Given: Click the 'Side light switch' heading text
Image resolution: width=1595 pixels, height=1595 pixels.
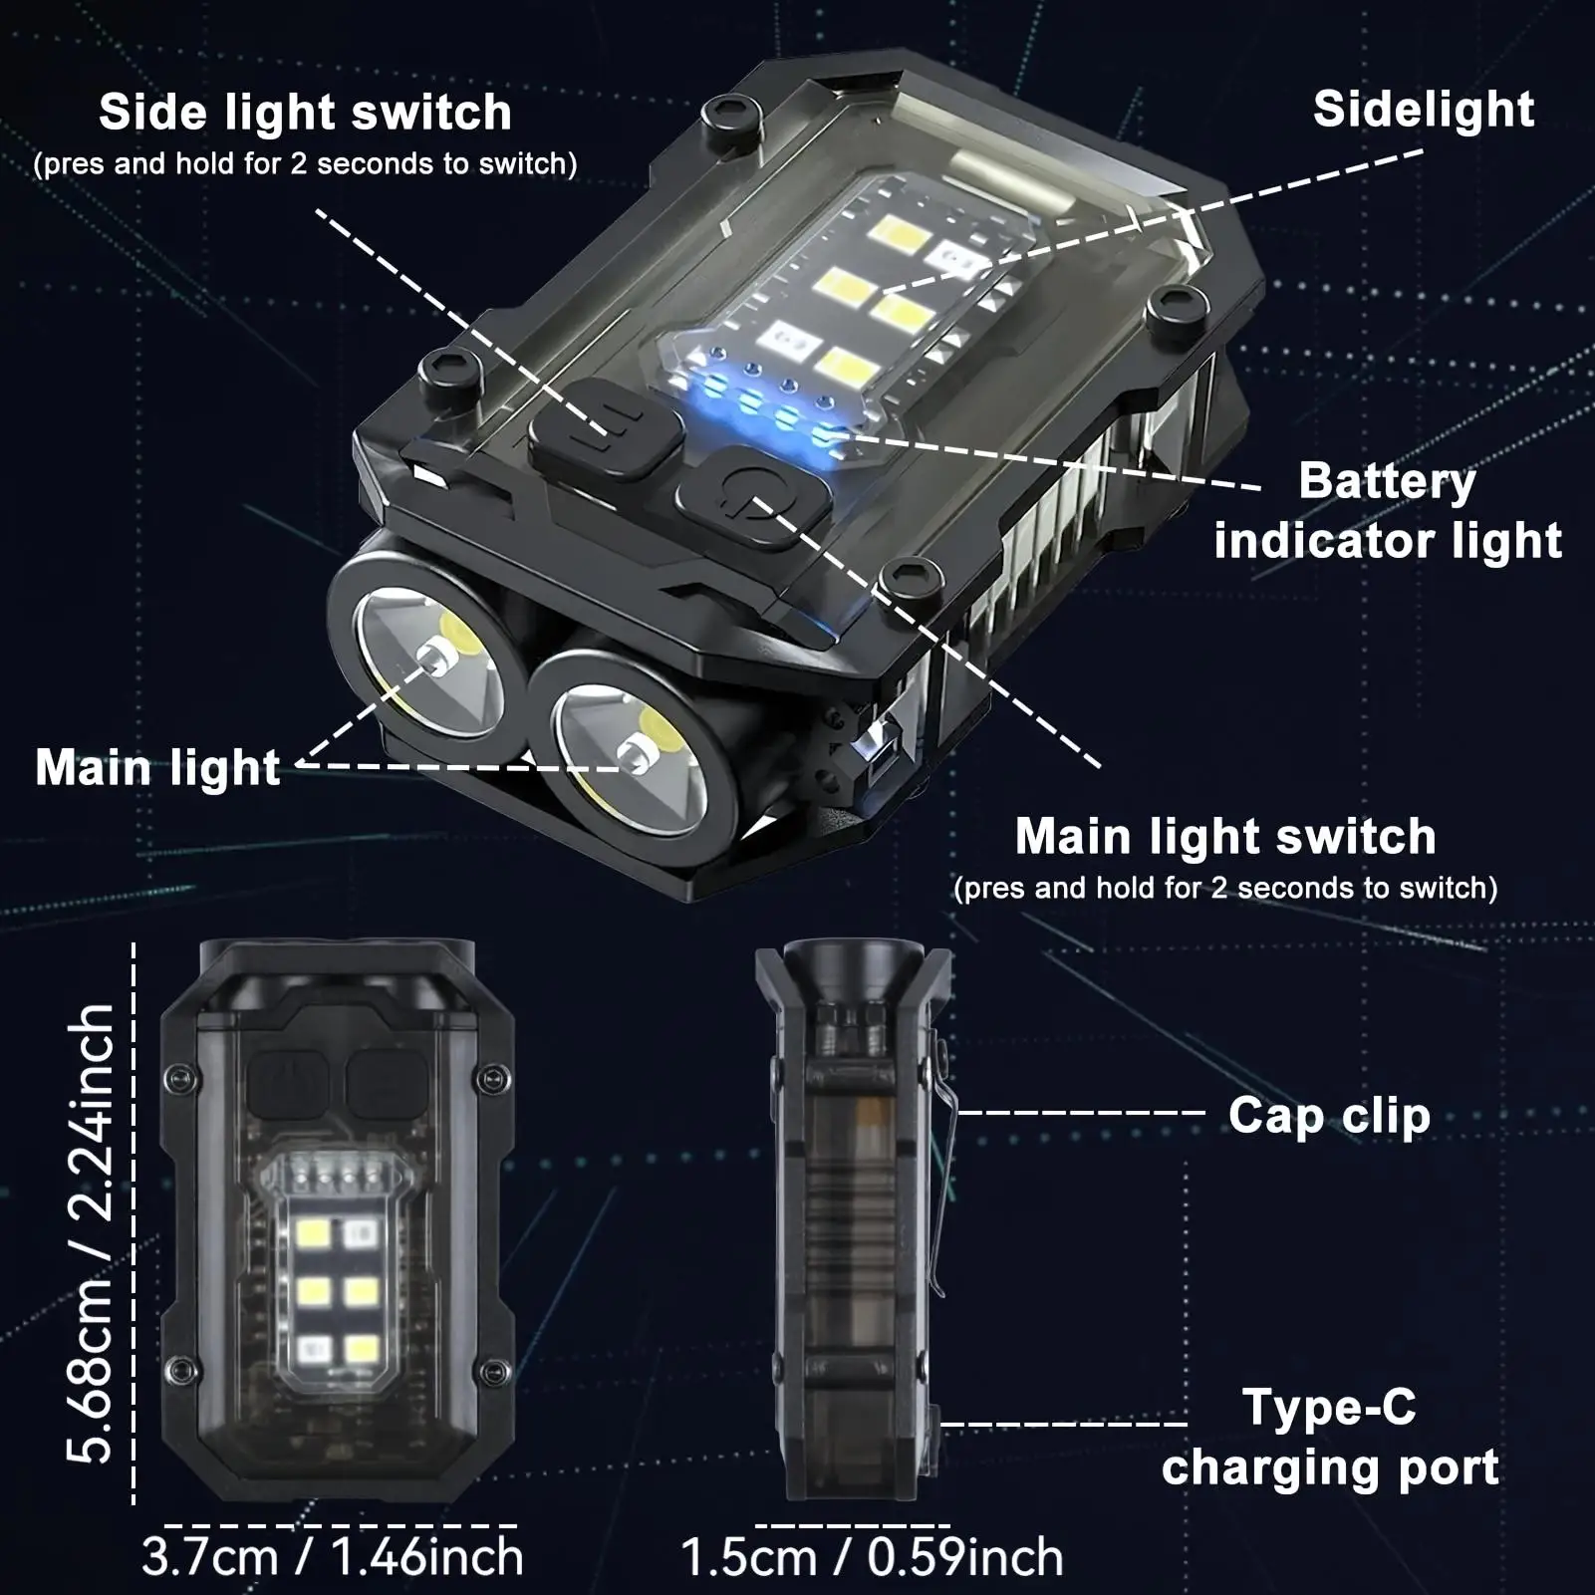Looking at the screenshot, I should click(x=305, y=112).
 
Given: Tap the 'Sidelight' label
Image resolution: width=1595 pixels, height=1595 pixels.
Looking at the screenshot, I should click(x=1423, y=109).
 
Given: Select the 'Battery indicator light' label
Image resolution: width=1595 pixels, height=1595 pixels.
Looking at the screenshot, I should click(x=1387, y=510).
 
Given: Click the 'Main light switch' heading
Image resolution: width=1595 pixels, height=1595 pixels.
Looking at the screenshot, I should click(x=1224, y=836).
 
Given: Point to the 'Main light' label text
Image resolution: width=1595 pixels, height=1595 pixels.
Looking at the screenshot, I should click(x=157, y=767).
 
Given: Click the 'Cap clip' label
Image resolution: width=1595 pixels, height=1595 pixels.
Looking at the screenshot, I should click(x=1328, y=1115).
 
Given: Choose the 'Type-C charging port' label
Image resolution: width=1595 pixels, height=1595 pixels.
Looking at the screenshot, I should click(x=1330, y=1437).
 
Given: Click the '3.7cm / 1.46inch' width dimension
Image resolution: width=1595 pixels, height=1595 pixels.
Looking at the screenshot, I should click(x=332, y=1556).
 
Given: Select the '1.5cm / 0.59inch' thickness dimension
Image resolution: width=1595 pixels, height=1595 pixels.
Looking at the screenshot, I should click(x=872, y=1557).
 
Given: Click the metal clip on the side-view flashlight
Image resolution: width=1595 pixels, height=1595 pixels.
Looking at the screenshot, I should click(x=940, y=1176).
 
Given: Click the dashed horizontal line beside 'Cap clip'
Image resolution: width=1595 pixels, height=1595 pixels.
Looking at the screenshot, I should click(x=1081, y=1113).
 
